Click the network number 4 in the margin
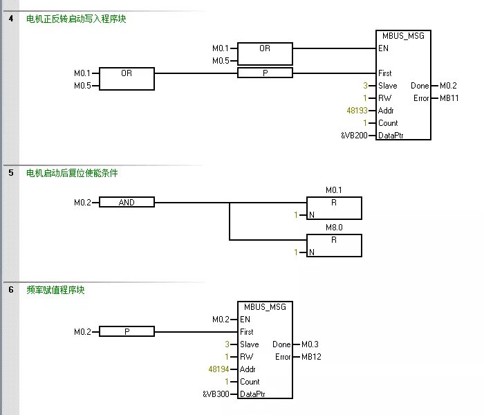pos(10,19)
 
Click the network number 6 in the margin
pos(10,290)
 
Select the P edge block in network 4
pos(265,73)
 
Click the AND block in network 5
pos(127,203)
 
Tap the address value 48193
pos(357,111)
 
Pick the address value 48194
pos(219,369)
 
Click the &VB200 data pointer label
pos(355,136)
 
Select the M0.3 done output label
pos(310,344)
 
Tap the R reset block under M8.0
pos(334,240)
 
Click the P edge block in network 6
pos(127,332)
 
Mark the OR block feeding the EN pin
pos(265,48)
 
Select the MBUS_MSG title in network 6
pos(265,307)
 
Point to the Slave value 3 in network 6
pos(226,344)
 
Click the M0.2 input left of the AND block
pos(82,203)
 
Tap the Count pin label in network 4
pos(388,123)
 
